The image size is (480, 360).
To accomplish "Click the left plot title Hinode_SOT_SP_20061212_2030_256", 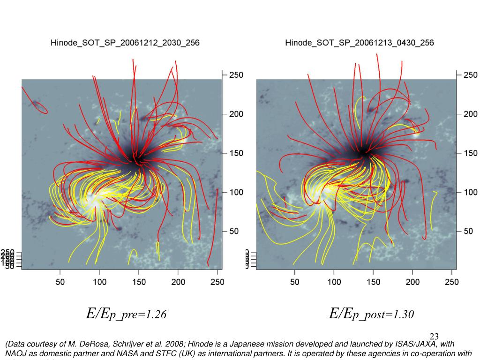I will [x=125, y=43].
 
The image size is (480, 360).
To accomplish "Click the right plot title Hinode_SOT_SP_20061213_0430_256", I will [x=360, y=43].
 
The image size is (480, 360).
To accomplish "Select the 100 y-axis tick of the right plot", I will [x=470, y=192].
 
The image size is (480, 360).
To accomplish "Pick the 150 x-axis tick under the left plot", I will [x=139, y=282].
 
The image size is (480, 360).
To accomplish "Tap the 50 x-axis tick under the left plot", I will [x=60, y=282].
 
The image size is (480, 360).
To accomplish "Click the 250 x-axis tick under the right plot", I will [x=451, y=282].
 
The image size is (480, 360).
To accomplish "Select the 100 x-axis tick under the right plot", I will [x=334, y=282].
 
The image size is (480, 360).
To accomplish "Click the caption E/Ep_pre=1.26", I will [x=126, y=314].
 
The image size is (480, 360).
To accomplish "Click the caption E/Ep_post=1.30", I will [x=371, y=314].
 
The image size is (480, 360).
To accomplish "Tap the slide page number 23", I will [x=434, y=337].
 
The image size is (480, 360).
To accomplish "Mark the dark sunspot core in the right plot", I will [x=363, y=152].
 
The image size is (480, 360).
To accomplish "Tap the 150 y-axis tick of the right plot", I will [x=470, y=153].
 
